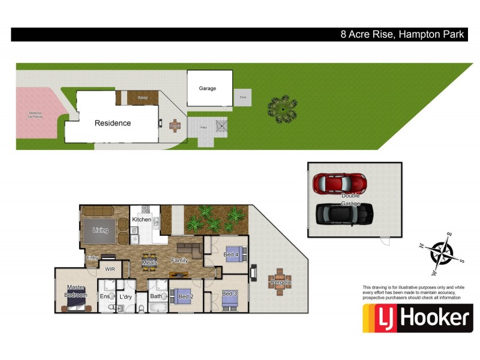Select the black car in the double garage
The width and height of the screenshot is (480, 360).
(x=344, y=212)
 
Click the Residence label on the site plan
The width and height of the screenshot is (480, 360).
(x=112, y=123)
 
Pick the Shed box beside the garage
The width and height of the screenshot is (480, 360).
(x=243, y=97)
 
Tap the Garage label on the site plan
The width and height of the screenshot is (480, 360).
(x=208, y=88)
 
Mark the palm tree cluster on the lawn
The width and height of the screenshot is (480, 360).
(x=282, y=108)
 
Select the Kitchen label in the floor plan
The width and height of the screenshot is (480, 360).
(x=142, y=220)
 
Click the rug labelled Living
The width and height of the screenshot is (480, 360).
(x=100, y=230)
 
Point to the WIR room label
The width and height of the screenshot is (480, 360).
(x=110, y=269)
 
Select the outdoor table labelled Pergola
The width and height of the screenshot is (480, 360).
(x=280, y=282)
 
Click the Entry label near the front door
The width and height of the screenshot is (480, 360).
(x=92, y=258)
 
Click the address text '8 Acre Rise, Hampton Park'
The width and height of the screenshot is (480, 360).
(x=402, y=34)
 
